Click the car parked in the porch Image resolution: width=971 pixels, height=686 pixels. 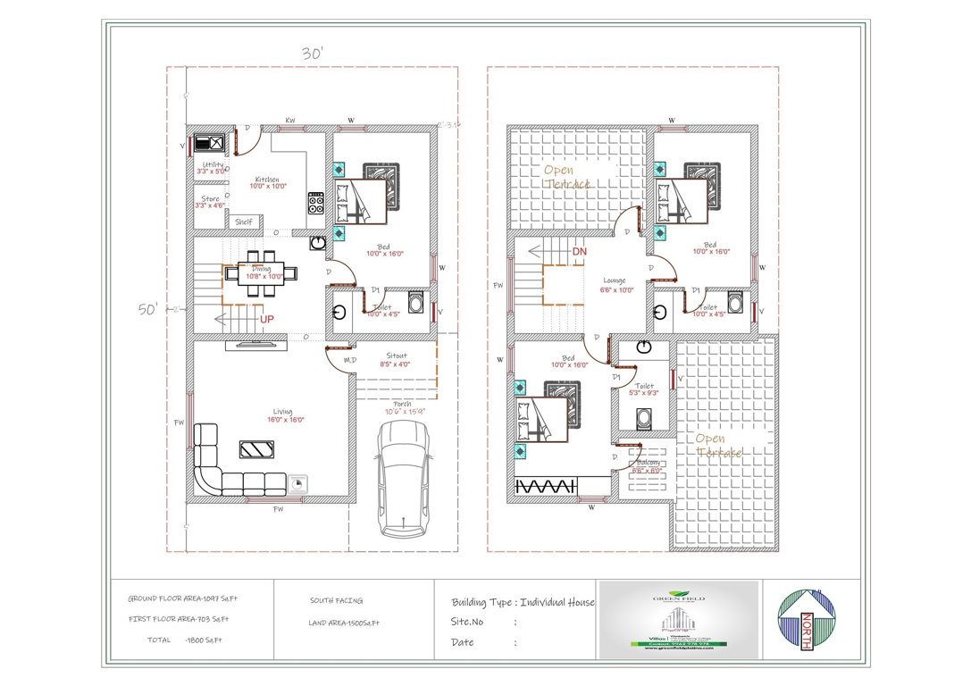click(x=404, y=479)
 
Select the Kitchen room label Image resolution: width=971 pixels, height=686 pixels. click(x=268, y=180)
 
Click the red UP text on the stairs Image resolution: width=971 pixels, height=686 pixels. click(x=266, y=318)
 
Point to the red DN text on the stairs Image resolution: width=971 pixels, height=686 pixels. click(x=579, y=252)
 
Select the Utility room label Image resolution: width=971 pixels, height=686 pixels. click(x=213, y=165)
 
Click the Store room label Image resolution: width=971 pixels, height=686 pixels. click(x=210, y=199)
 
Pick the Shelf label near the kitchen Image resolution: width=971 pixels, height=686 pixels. click(x=244, y=222)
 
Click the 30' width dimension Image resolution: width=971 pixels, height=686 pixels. click(x=312, y=54)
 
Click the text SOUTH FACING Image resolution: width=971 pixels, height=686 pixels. click(x=336, y=601)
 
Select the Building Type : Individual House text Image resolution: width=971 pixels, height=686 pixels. click(x=522, y=602)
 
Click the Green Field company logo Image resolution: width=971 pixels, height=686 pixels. click(x=678, y=616)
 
